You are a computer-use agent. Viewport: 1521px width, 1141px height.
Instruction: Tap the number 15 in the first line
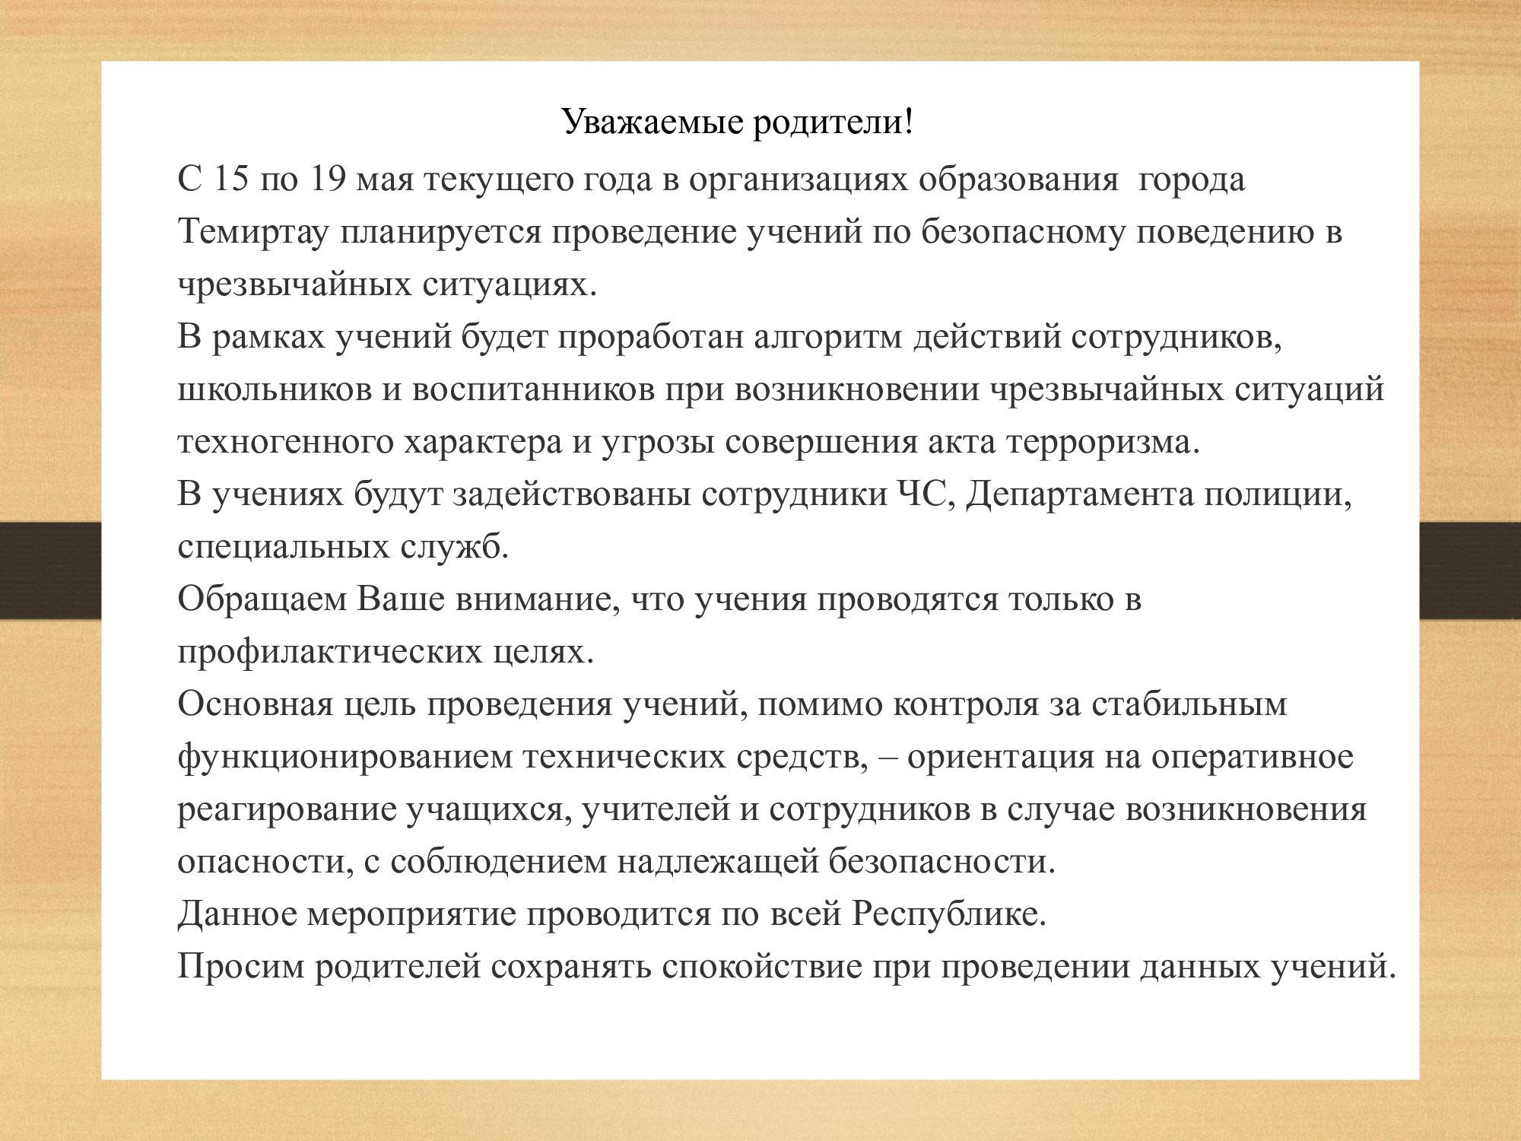coord(231,180)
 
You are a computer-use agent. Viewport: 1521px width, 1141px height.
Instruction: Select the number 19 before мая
coord(329,180)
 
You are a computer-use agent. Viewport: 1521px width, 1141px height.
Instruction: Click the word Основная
coord(256,705)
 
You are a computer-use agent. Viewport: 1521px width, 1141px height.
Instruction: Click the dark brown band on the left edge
coord(50,570)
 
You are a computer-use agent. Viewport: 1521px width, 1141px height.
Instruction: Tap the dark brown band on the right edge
coord(1470,570)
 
